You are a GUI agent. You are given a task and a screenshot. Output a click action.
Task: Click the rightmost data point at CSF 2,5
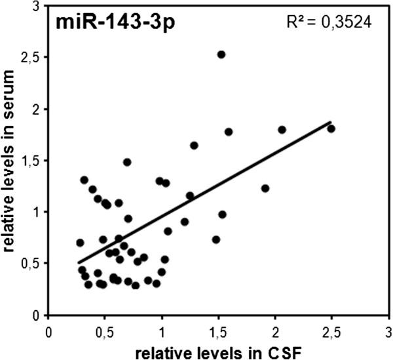point(331,129)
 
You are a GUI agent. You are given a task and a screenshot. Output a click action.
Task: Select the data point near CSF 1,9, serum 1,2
point(265,188)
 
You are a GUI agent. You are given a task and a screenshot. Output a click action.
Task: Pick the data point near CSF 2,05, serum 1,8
point(282,130)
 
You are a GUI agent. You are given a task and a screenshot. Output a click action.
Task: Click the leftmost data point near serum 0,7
point(80,243)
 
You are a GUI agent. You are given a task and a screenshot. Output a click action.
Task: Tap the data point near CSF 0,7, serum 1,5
point(127,162)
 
